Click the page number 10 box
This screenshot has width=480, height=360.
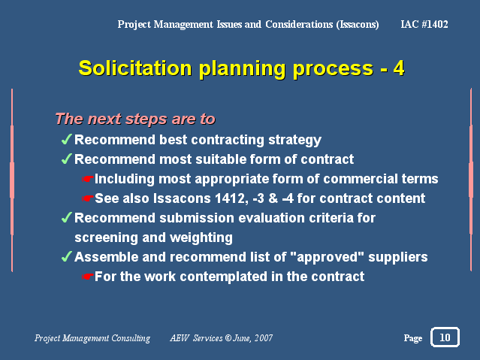coord(445,337)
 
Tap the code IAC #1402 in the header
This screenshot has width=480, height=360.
coord(424,24)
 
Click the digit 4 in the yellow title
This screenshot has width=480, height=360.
coord(399,68)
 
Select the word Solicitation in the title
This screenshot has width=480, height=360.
coord(135,68)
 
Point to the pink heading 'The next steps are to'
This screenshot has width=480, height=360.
coord(135,119)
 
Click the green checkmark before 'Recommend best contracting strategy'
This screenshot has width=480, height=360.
coord(66,139)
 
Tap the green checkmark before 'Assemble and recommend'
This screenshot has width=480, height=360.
coord(66,256)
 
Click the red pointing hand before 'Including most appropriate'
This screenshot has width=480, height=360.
coord(88,179)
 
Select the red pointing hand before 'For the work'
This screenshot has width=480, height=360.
coord(88,277)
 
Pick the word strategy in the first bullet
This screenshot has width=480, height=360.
coord(294,140)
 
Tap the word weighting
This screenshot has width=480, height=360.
coord(201,238)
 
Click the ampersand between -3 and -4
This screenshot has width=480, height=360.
coord(273,198)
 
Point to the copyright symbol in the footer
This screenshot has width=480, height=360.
coord(228,338)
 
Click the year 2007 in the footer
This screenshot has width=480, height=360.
coord(263,338)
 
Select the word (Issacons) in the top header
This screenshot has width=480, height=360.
coord(358,25)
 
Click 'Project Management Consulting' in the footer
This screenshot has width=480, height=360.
coord(92,338)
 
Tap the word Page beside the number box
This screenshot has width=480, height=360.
coord(413,338)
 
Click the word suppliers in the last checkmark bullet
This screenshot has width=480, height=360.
coord(398,258)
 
